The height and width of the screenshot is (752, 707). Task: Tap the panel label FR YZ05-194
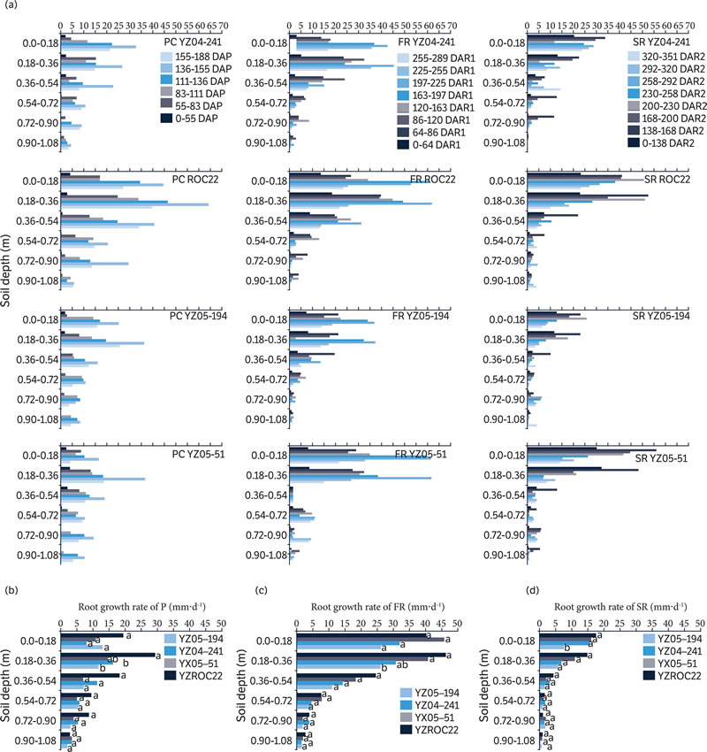point(427,316)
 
